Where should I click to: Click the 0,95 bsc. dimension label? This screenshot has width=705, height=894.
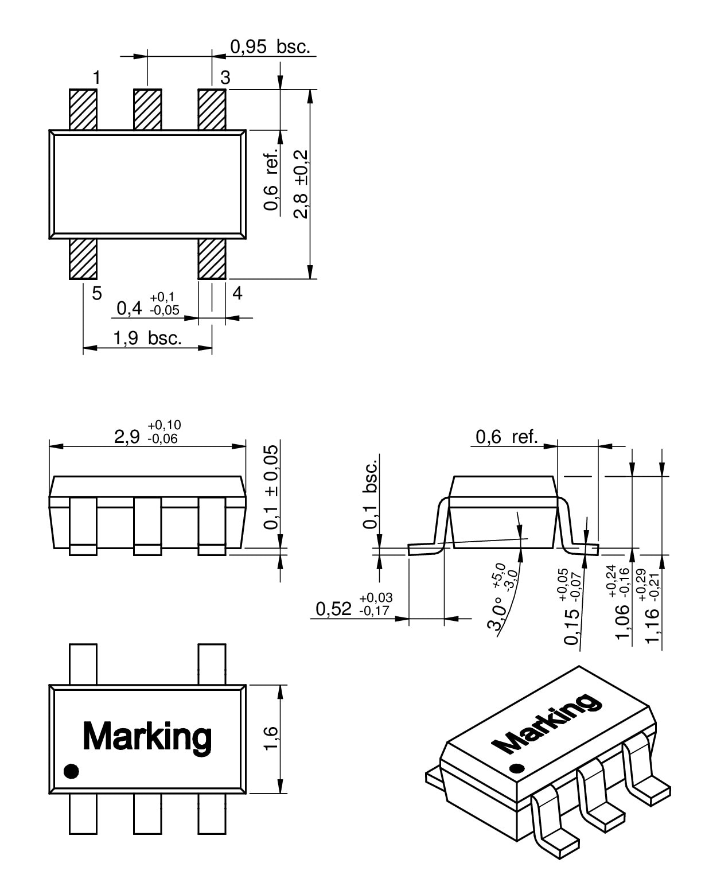(270, 46)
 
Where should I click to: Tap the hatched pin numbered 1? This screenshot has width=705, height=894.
(83, 109)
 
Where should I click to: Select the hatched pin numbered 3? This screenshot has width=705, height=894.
(212, 109)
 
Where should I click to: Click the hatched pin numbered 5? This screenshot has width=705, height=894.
(83, 259)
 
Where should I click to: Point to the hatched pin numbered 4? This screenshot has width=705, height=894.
(212, 259)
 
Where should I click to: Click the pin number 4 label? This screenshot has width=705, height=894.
(237, 294)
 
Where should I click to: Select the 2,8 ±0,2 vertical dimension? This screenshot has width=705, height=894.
(301, 184)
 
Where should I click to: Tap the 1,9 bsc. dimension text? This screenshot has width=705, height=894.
(147, 339)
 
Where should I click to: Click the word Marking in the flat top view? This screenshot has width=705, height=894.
(147, 736)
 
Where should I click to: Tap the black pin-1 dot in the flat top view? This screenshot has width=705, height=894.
(71, 771)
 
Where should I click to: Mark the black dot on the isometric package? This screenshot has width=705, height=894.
(517, 768)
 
